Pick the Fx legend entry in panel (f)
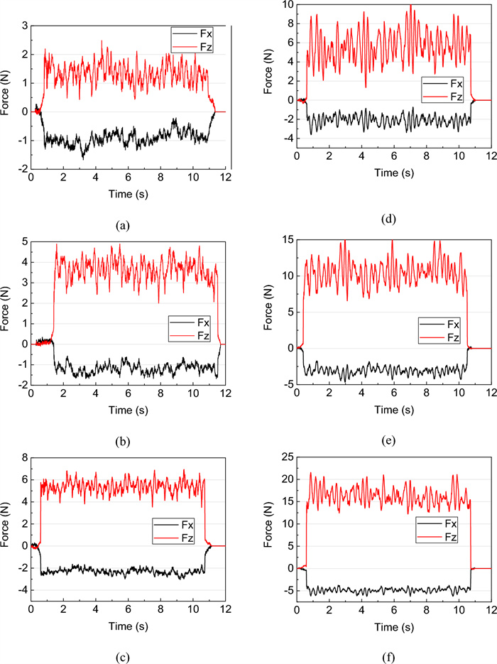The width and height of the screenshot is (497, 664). coord(448,524)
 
